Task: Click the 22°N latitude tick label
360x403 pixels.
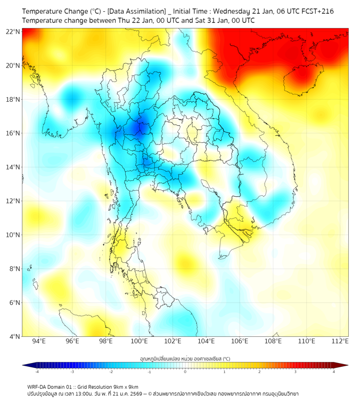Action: point(13,31)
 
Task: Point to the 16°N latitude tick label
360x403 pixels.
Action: point(13,133)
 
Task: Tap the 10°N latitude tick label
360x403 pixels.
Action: point(13,235)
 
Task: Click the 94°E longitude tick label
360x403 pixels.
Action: point(39,341)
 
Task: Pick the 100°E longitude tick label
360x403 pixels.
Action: point(140,341)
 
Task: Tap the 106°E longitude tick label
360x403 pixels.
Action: point(240,341)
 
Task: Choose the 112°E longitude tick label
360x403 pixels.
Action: point(340,341)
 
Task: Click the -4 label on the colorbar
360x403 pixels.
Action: point(36,372)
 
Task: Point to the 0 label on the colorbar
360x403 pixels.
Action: point(185,372)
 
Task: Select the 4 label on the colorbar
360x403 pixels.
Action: point(334,372)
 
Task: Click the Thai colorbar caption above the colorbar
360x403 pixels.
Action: point(185,358)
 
